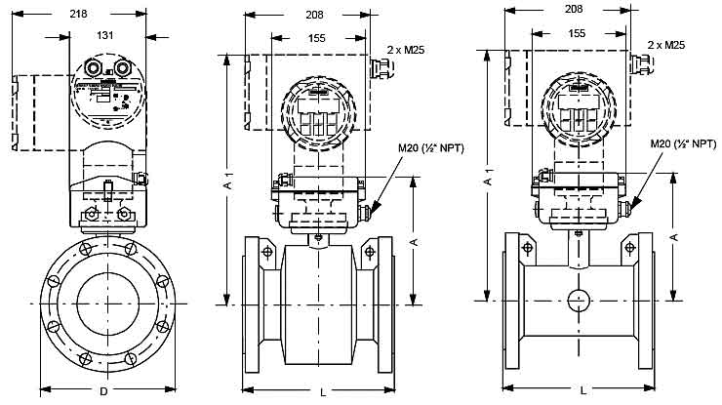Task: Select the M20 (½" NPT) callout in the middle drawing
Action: pyautogui.click(x=425, y=147)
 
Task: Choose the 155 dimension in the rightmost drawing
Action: pyautogui.click(x=577, y=32)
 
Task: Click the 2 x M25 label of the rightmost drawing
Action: pyautogui.click(x=665, y=45)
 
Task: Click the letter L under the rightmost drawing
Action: pyautogui.click(x=582, y=391)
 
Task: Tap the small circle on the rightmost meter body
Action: pyautogui.click(x=578, y=300)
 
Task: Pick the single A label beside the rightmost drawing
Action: pyautogui.click(x=674, y=237)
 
